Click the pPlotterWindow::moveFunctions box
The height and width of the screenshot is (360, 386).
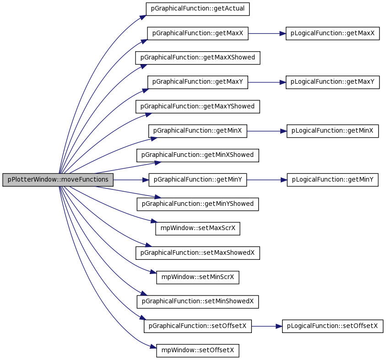(58, 180)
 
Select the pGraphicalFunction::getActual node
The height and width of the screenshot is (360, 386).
(198, 9)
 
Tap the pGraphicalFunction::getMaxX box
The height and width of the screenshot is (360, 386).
(198, 33)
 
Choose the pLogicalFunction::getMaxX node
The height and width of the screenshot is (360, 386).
(332, 33)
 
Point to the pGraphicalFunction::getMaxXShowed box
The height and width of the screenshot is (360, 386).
(198, 58)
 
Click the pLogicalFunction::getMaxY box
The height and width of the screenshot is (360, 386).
(332, 82)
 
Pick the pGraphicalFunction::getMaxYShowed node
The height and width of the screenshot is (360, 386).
(198, 107)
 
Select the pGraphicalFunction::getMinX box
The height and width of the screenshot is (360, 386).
(198, 131)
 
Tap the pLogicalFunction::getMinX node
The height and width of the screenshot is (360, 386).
(332, 131)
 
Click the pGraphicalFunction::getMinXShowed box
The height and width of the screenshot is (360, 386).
(198, 156)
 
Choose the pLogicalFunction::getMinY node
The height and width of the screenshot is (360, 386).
(332, 180)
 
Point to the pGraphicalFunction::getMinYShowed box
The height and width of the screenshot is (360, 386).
(198, 204)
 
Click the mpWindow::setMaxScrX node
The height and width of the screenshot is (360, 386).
(198, 229)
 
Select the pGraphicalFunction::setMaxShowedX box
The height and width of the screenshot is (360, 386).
(198, 253)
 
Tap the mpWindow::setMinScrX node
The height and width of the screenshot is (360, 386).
(198, 277)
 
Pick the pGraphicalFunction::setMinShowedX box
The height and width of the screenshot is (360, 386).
(198, 302)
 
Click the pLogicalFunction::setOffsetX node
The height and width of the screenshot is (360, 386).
(332, 326)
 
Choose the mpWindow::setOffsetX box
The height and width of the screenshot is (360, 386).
(198, 351)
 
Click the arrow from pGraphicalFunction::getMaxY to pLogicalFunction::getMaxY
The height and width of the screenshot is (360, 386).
(267, 82)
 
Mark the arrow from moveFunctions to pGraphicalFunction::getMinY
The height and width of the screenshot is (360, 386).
(131, 180)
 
